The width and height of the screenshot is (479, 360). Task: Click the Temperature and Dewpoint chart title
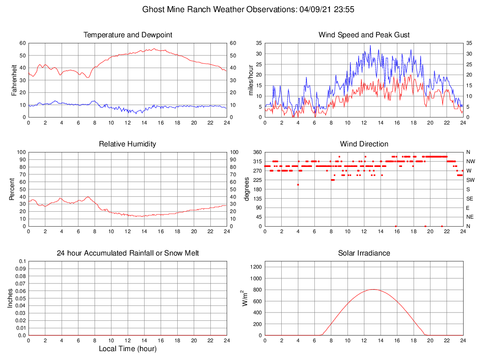click(x=127, y=35)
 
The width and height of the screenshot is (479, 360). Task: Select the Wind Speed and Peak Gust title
click(x=364, y=35)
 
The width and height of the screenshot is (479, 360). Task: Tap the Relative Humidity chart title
click(x=127, y=144)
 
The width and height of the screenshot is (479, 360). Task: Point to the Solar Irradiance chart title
click(x=364, y=253)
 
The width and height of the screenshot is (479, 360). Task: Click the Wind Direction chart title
click(x=364, y=144)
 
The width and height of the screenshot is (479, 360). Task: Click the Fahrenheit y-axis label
click(x=14, y=80)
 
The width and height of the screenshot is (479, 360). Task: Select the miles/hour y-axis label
click(x=251, y=80)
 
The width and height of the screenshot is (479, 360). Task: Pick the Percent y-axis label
click(x=12, y=189)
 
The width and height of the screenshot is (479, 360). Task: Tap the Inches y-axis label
click(x=10, y=298)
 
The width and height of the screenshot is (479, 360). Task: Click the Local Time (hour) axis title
click(x=127, y=349)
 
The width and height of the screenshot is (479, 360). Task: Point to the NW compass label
click(x=470, y=161)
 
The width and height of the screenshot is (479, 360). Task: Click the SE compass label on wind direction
click(x=470, y=199)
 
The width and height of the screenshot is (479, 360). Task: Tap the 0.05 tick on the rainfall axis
click(x=20, y=298)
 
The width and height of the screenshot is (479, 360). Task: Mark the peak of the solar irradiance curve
click(x=374, y=289)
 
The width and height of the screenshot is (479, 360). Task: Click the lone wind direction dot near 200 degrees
click(x=298, y=185)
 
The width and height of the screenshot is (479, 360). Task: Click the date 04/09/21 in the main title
click(x=316, y=9)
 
